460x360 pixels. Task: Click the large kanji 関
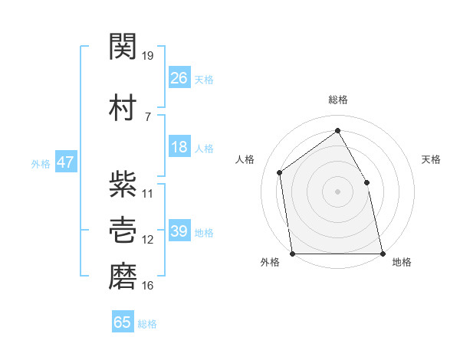point(123,46)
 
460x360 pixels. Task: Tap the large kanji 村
point(123,107)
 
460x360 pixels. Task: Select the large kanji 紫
point(123,184)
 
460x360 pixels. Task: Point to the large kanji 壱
point(123,230)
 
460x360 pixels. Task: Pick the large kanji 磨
point(123,277)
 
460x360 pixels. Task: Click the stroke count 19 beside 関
point(147,56)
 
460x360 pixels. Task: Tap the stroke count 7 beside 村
point(148,117)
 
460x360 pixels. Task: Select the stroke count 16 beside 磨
point(147,286)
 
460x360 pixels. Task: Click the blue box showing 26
point(179,77)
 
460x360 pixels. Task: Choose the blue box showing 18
point(179,146)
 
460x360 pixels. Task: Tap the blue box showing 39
point(179,230)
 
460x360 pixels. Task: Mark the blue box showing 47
point(66,162)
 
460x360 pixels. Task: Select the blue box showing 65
point(123,321)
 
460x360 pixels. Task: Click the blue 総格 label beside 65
point(147,324)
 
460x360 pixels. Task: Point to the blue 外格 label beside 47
point(41,164)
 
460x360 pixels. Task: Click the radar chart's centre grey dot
point(337,191)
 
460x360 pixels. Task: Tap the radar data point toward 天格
point(366,182)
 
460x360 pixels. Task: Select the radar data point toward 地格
point(383,254)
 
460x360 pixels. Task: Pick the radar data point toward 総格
point(337,130)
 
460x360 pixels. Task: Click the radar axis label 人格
point(245,159)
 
